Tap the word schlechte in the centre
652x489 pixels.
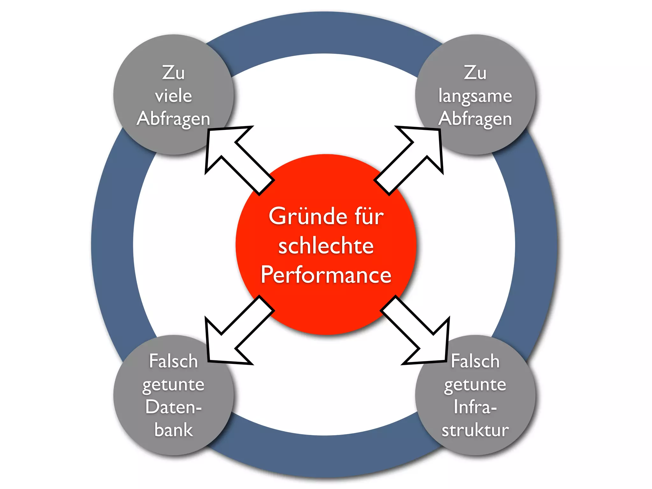pos(326,246)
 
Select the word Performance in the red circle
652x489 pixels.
pos(326,275)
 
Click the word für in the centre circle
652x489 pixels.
pos(369,216)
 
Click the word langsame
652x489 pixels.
pos(475,96)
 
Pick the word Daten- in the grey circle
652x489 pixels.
pos(174,407)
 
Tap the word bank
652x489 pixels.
pos(174,430)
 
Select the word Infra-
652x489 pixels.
pos(475,407)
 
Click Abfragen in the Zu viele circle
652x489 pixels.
pos(174,119)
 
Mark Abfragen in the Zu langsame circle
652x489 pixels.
pos(475,119)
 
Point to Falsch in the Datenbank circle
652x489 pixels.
pos(174,361)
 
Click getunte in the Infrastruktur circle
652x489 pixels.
pos(475,385)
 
